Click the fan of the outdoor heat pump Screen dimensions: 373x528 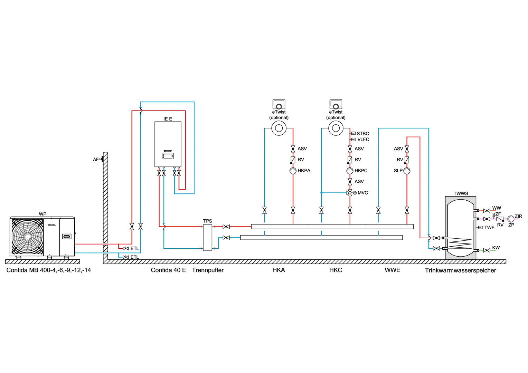(27, 237)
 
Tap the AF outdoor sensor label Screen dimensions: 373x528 (95, 160)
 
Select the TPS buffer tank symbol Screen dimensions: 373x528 (207, 237)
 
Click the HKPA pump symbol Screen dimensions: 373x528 (293, 171)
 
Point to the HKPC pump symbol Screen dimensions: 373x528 (350, 171)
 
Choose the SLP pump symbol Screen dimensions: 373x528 (407, 171)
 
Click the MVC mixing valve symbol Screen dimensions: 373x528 (350, 193)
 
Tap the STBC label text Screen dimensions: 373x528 (363, 134)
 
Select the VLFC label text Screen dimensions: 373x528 (363, 140)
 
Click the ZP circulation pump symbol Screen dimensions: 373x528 (511, 219)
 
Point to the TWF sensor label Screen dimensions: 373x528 (489, 228)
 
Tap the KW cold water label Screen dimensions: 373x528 (496, 248)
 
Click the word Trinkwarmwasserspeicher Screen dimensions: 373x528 (460, 270)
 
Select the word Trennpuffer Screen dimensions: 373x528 (208, 270)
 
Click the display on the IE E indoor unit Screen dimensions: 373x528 (168, 156)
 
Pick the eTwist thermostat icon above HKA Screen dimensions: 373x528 (279, 104)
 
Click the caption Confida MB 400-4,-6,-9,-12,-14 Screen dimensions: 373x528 (49, 270)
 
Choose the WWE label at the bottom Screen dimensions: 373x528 (392, 270)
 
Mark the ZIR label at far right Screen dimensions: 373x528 (518, 217)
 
